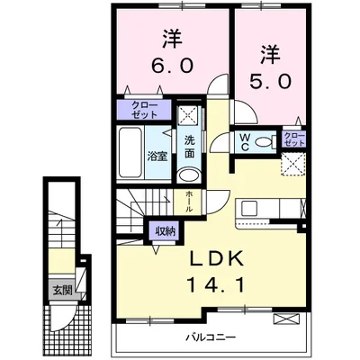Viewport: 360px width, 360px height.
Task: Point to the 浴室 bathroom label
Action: click(157, 155)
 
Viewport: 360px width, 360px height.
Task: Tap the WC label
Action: click(243, 140)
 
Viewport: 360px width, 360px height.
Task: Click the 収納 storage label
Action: click(165, 231)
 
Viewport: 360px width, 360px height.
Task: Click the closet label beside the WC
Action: click(293, 139)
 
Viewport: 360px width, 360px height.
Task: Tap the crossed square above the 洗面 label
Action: click(189, 112)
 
